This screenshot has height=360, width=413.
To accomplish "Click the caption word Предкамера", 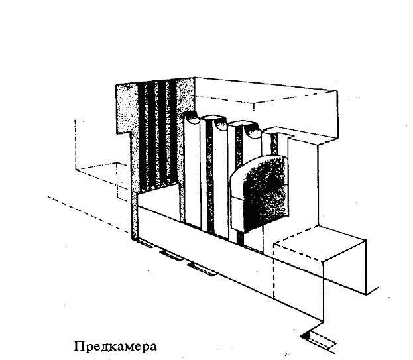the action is click(115, 346).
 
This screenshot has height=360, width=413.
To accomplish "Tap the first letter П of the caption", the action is click(79, 346).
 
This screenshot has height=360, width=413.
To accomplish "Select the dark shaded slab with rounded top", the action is click(260, 194).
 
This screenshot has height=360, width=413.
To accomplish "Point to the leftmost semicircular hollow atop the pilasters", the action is click(191, 117).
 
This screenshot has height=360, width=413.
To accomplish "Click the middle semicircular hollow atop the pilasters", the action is click(221, 124).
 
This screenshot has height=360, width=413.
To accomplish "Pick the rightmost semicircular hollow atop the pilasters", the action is click(253, 131).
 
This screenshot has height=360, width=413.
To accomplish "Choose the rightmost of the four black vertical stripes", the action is click(173, 132).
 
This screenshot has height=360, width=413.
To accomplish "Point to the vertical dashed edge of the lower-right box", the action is click(274, 271).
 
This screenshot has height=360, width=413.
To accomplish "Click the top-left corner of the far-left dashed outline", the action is click(76, 120).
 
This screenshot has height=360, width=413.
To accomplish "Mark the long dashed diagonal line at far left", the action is click(89, 215).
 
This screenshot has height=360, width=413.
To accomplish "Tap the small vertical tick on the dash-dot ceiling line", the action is click(254, 106).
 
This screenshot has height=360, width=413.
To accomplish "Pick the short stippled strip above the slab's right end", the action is click(274, 143).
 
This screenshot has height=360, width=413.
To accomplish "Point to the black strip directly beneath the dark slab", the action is click(240, 238).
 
